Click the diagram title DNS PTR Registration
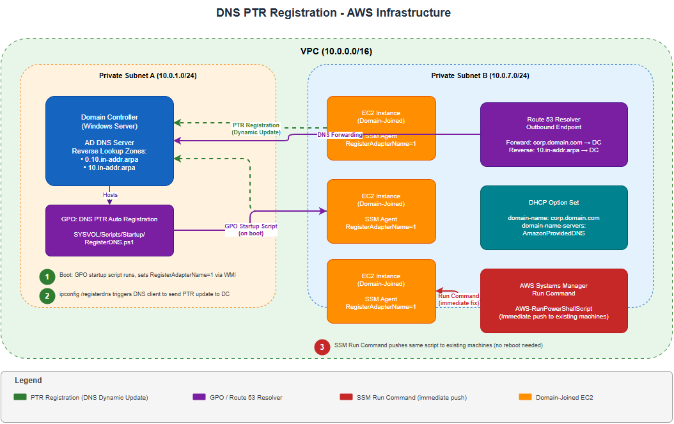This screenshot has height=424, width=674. click(x=333, y=13)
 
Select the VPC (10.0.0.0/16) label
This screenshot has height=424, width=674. click(x=336, y=51)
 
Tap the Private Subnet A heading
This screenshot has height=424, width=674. click(x=148, y=75)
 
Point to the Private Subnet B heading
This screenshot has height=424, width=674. click(x=480, y=75)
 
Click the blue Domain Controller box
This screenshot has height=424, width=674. click(x=109, y=141)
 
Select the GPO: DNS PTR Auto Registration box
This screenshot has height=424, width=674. click(x=109, y=230)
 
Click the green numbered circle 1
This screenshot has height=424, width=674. click(x=47, y=277)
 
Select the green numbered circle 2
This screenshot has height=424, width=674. click(x=47, y=295)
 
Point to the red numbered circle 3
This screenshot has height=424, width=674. click(x=322, y=347)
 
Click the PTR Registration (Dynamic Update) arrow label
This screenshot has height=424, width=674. click(x=256, y=129)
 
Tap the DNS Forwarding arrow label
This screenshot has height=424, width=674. click(x=340, y=135)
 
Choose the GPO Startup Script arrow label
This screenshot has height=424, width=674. click(x=251, y=230)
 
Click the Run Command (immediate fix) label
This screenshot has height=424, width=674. click(x=458, y=299)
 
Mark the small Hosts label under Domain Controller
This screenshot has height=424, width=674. click(x=110, y=194)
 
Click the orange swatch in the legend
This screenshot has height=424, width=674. click(x=525, y=397)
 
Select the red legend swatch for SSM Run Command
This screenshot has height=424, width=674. click(x=346, y=397)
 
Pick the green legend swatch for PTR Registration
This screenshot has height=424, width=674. click(x=20, y=397)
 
